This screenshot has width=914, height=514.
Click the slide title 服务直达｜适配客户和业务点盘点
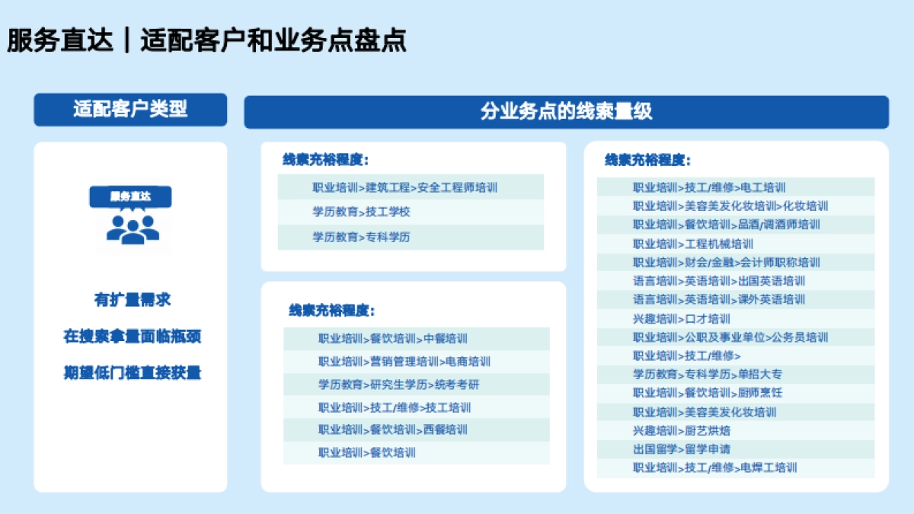(206, 40)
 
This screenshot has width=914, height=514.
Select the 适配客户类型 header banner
(130, 110)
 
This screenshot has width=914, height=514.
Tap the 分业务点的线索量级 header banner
(566, 112)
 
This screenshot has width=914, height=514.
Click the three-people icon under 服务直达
(132, 228)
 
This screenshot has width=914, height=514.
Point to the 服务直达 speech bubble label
(130, 196)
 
